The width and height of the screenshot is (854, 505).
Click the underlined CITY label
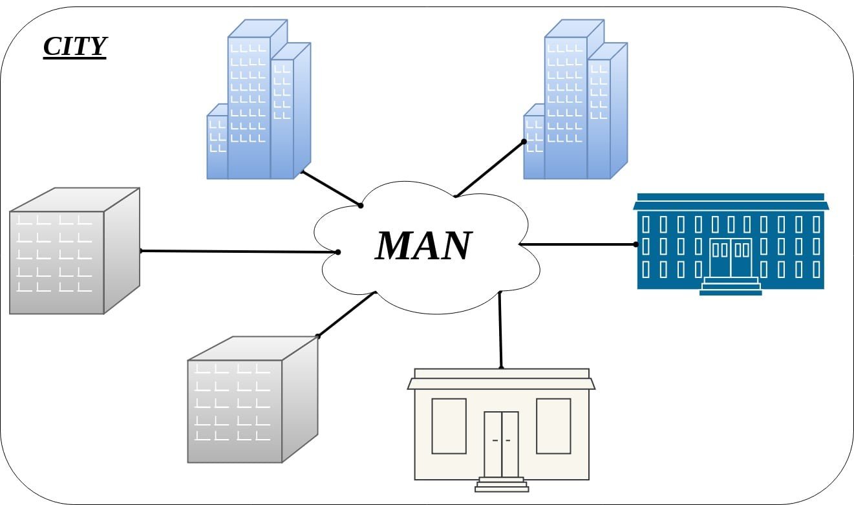coord(74,47)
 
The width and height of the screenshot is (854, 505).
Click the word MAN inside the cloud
coord(423,246)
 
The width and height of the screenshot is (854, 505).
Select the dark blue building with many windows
coord(731,242)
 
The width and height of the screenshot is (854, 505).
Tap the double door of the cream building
coord(501,443)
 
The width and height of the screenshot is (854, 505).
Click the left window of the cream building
coord(449,425)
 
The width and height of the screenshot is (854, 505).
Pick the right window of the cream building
coord(553,425)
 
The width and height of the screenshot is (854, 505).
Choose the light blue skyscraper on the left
coord(259,103)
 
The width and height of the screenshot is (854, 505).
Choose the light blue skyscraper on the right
coord(575,103)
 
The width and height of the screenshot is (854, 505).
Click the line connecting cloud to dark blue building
coord(579,244)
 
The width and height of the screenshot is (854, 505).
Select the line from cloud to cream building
coord(500,330)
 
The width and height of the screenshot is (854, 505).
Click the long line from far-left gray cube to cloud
coord(239,251)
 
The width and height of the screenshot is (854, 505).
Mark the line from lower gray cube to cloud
coord(346,315)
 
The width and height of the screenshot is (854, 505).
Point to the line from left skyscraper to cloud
coord(331,188)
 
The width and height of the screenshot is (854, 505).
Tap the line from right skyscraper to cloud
coord(489,168)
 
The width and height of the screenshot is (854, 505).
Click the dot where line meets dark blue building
coord(636,244)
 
